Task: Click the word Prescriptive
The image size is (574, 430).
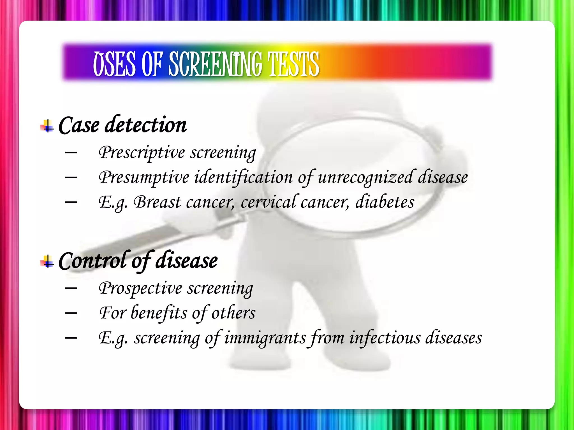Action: (x=142, y=153)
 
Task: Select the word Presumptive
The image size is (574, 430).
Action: (x=144, y=177)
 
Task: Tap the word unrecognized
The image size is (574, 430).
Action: (x=365, y=177)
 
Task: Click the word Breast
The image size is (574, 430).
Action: (x=157, y=202)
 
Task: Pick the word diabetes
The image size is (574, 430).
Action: (x=385, y=202)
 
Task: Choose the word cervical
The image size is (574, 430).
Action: (x=268, y=202)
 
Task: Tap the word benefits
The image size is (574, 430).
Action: (x=159, y=313)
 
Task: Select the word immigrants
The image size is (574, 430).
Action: (x=265, y=338)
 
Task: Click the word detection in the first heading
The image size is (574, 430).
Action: (x=145, y=125)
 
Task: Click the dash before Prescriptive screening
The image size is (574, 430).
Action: (x=71, y=153)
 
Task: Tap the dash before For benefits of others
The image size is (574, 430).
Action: (x=71, y=313)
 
